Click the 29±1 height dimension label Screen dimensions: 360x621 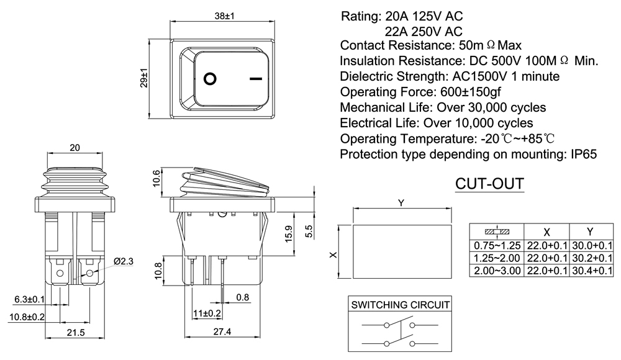pyautogui.click(x=143, y=77)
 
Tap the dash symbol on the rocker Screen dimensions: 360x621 pyautogui.click(x=255, y=79)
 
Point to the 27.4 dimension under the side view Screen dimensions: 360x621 pyautogui.click(x=221, y=332)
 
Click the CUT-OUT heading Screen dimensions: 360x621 pyautogui.click(x=489, y=184)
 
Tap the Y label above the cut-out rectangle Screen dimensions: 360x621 pyautogui.click(x=401, y=203)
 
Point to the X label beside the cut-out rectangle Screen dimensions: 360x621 pyautogui.click(x=333, y=254)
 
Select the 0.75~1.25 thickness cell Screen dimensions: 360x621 pyautogui.click(x=496, y=246)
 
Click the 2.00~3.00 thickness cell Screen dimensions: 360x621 pyautogui.click(x=496, y=271)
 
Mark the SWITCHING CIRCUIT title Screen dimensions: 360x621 pyautogui.click(x=401, y=305)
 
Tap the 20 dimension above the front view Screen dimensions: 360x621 pyautogui.click(x=75, y=148)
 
